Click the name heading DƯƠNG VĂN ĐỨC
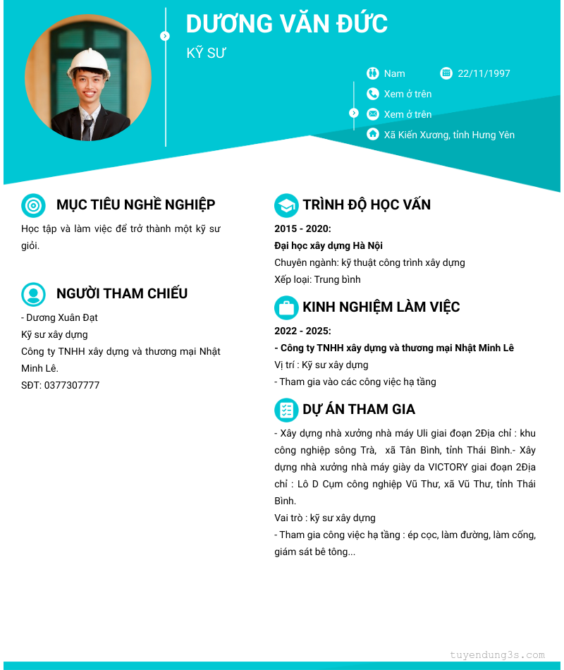click(286, 24)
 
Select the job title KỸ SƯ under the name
click(206, 54)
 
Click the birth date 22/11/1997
click(484, 73)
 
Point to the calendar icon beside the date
click(446, 73)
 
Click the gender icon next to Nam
click(373, 73)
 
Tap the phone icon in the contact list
click(373, 94)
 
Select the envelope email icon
click(373, 114)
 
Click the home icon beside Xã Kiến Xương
click(373, 134)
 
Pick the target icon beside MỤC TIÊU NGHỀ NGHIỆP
click(33, 205)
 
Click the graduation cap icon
click(286, 205)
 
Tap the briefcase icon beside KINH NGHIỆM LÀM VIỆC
click(286, 307)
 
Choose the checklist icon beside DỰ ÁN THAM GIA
click(286, 410)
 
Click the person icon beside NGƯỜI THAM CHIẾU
click(33, 294)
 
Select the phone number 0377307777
click(71, 386)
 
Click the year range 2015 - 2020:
click(302, 229)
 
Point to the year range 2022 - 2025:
click(302, 331)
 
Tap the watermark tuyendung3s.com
click(497, 655)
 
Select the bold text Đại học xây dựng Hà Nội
click(328, 246)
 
